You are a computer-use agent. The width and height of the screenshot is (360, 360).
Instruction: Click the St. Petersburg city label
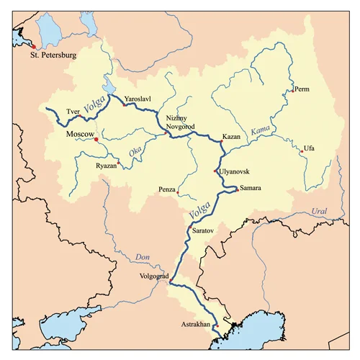point(52,55)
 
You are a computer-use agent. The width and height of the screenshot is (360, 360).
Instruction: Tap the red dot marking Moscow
point(96,140)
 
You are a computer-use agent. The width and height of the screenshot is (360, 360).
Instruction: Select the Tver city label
point(73,112)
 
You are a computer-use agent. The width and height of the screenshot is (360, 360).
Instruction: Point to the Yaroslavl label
point(138,96)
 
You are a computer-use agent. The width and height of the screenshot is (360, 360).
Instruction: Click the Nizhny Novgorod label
point(180,122)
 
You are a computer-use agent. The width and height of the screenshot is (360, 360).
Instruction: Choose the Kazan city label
point(231,136)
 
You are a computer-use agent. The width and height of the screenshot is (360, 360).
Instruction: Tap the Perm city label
point(302,90)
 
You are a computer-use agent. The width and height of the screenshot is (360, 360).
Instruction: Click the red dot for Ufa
point(300,150)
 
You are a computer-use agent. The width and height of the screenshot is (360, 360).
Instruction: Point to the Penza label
point(167,189)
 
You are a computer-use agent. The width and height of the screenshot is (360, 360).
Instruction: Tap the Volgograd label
point(153,276)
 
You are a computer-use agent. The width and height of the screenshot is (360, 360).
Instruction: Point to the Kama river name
point(259,130)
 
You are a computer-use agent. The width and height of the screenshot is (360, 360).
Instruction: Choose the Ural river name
point(318,212)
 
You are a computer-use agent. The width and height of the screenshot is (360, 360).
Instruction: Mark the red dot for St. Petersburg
point(32,46)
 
